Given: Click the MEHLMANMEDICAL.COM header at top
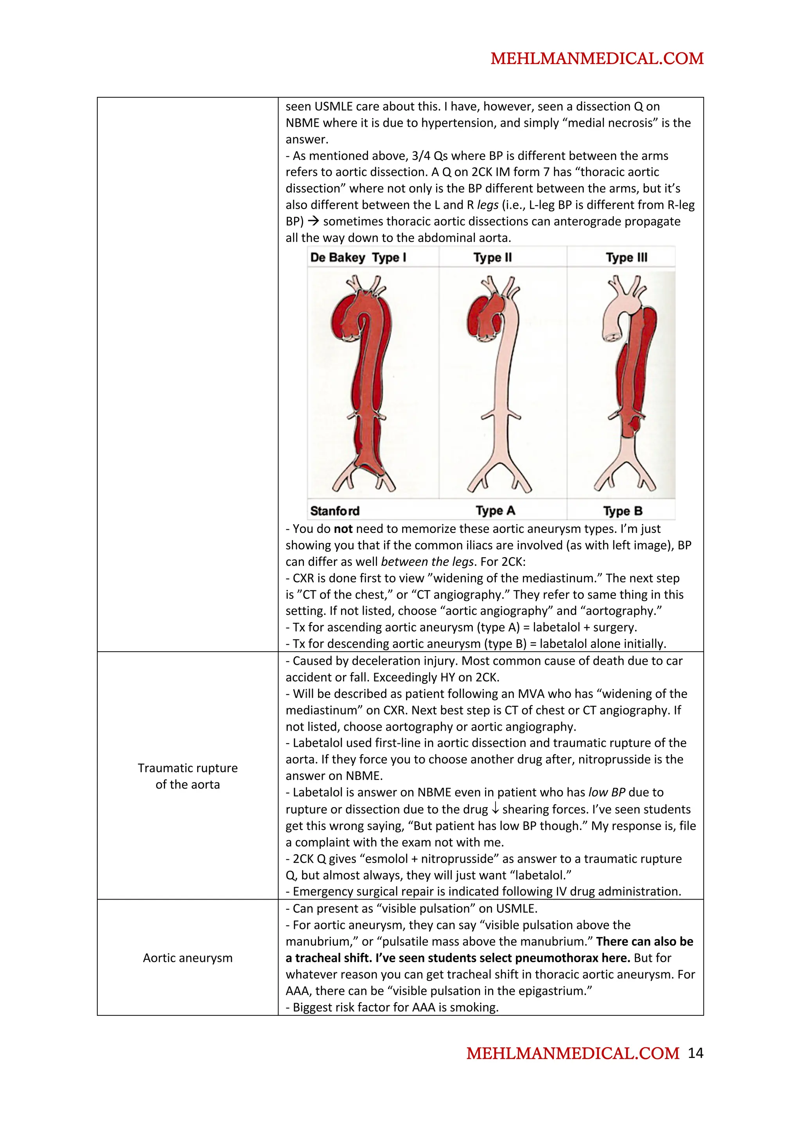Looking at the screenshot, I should [597, 59].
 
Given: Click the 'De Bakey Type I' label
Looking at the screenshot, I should [358, 257].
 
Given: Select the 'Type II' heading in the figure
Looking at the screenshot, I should [492, 257].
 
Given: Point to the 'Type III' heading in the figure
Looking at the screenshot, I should [626, 257].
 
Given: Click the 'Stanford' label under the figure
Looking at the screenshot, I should [335, 511].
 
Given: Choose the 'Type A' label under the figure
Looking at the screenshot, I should [495, 511].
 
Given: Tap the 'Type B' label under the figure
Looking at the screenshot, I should [622, 511].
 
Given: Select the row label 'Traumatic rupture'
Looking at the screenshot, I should [188, 768].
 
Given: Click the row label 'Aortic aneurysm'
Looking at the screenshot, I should [188, 957].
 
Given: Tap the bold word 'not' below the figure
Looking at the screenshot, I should [343, 529].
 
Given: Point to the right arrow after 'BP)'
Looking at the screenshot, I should [313, 222].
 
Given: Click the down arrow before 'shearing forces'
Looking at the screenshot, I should [495, 809].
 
